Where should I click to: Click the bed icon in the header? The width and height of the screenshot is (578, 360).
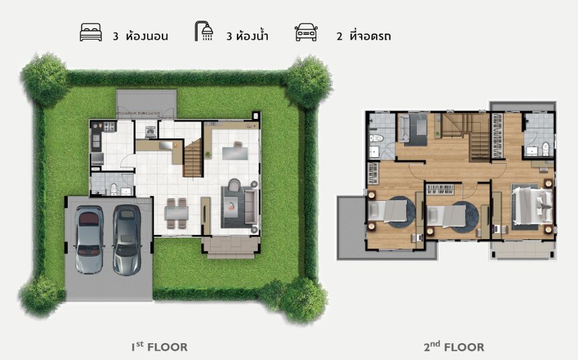(x=91, y=32)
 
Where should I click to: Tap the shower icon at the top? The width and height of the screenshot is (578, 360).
(x=204, y=31)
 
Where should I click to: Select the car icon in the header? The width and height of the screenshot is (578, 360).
(x=306, y=32)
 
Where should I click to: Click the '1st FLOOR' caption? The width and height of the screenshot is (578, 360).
(x=160, y=347)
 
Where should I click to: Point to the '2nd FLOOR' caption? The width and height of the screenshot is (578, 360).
(x=454, y=347)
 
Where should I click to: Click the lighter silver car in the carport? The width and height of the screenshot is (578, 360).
(x=89, y=239)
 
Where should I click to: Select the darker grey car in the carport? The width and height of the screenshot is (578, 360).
(x=127, y=240)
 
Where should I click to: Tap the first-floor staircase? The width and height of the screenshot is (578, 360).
(x=193, y=159)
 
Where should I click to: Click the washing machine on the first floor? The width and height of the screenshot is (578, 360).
(x=150, y=132)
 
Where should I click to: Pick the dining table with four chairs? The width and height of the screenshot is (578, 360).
(x=177, y=214)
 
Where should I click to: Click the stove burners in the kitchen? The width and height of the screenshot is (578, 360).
(x=109, y=127)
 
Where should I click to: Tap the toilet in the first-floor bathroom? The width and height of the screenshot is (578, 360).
(x=113, y=189)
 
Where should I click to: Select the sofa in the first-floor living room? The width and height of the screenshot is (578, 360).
(x=251, y=206)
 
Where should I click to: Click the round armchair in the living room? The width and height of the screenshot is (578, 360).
(x=234, y=185)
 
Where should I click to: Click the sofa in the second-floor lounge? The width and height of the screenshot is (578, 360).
(x=404, y=129)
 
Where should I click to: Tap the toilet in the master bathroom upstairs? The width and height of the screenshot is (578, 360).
(x=546, y=149)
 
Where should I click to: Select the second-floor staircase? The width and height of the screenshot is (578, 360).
(x=467, y=137)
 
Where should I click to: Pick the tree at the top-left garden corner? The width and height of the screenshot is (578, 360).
(x=45, y=79)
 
